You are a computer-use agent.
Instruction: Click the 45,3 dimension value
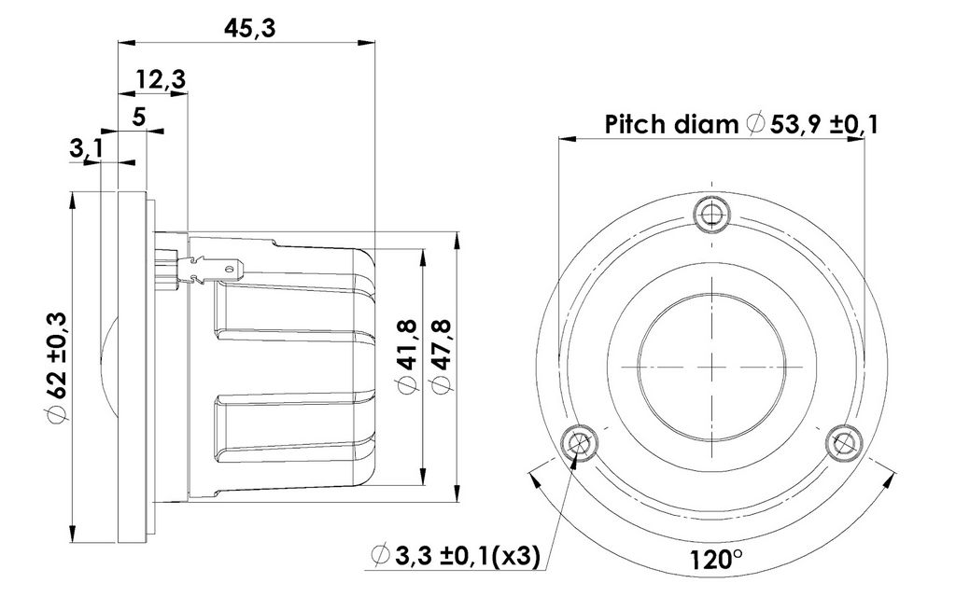click(x=249, y=28)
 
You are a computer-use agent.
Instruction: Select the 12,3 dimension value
click(x=161, y=79)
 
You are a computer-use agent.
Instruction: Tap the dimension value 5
click(x=139, y=116)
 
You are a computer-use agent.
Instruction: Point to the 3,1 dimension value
click(x=87, y=148)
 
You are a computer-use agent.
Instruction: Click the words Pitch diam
click(x=671, y=124)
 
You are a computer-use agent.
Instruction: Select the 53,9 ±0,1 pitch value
click(x=823, y=124)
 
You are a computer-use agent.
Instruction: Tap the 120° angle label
click(x=716, y=559)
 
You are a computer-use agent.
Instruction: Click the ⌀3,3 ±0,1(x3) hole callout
click(x=456, y=556)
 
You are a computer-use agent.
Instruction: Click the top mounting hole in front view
click(x=711, y=214)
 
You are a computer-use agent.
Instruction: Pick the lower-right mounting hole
click(x=844, y=443)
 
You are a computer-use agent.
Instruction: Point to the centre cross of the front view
click(x=711, y=368)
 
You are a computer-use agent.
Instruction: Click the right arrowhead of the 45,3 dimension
click(x=367, y=42)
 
